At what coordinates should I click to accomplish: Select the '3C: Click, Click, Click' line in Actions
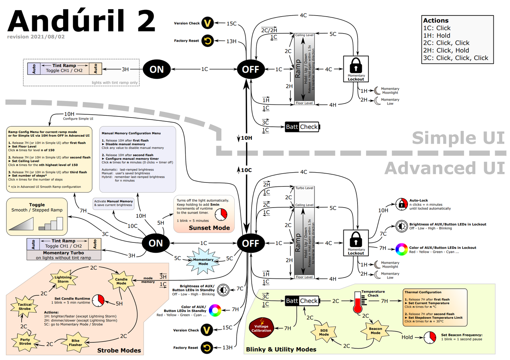coord(456,58)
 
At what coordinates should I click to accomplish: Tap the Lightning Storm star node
coord(63,279)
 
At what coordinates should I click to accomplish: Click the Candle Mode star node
coord(121,281)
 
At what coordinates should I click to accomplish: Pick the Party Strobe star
coord(25,341)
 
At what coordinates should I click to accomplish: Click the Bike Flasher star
coord(76,343)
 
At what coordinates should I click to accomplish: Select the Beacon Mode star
coord(376,331)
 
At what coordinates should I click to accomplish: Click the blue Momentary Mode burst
coord(203,262)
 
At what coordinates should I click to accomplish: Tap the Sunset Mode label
coord(209,228)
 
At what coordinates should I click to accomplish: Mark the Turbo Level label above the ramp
coord(304,188)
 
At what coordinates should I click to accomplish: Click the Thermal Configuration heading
coord(423,292)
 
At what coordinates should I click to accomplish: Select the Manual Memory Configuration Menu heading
coord(131,133)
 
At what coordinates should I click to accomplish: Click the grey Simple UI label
coord(458,138)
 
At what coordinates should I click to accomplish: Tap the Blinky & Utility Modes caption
coord(281,349)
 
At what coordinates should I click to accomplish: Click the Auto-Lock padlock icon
coord(402,204)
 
